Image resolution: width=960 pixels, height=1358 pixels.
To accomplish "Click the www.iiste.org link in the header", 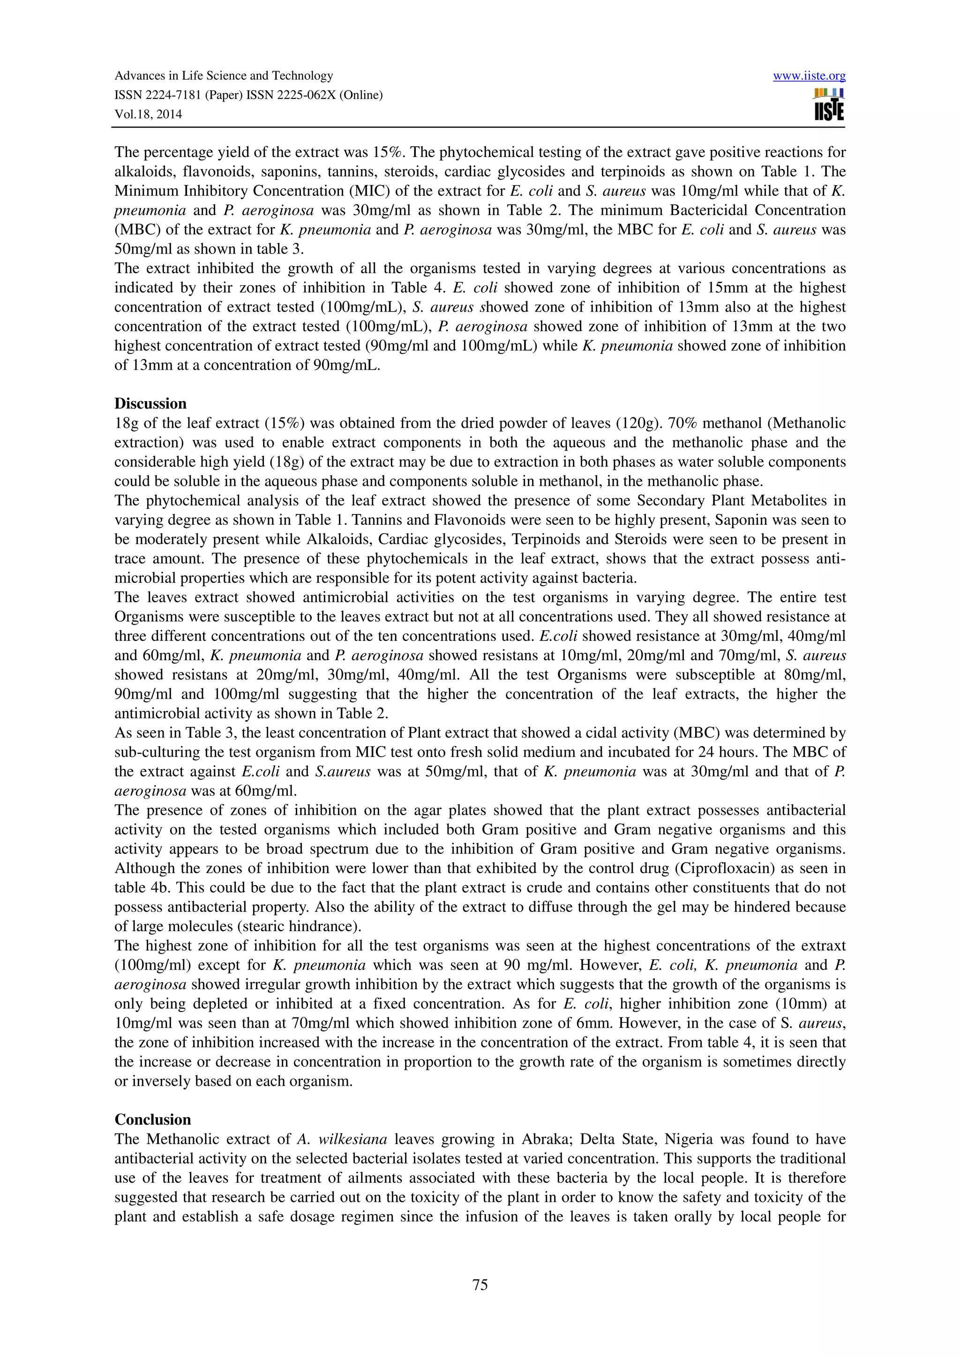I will click(809, 76).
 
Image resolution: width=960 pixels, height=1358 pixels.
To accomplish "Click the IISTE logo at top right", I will click(829, 104).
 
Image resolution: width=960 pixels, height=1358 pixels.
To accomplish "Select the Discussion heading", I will click(150, 403).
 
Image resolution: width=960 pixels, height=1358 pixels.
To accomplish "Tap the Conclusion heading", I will click(153, 1119).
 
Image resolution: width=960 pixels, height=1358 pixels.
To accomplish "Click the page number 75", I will click(480, 1284).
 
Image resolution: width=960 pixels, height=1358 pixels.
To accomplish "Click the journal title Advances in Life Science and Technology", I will click(224, 76).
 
